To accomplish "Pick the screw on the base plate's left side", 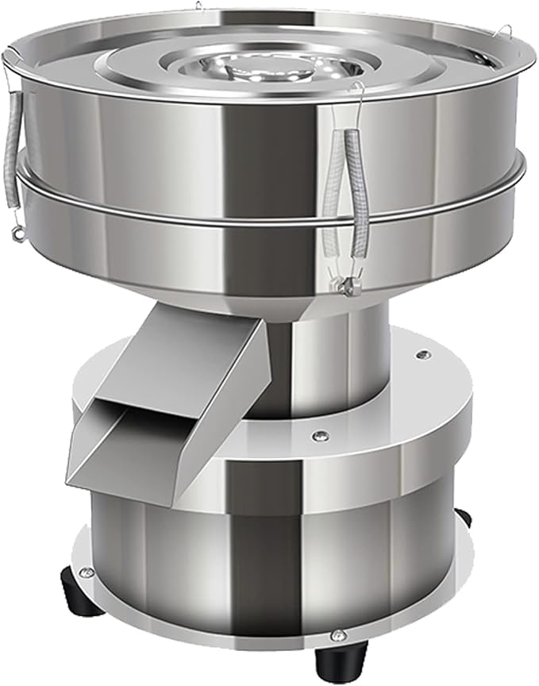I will [x=87, y=572].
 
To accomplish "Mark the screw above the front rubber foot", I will [x=339, y=635].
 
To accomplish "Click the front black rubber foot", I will [x=332, y=659].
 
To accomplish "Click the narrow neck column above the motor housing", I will [x=349, y=357].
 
